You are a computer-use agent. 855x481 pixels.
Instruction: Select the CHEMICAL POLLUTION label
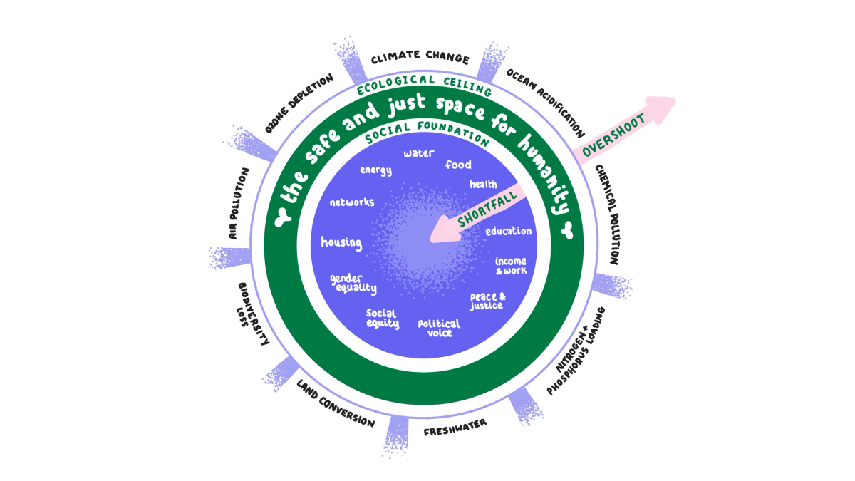click(x=609, y=214)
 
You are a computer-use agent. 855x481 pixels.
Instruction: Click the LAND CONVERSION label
click(x=335, y=403)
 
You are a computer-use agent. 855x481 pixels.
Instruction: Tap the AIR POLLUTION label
click(x=237, y=203)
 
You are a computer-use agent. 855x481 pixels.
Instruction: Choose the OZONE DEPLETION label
click(x=299, y=104)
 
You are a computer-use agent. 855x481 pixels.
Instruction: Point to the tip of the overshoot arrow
click(x=673, y=100)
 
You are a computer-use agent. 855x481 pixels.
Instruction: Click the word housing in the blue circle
click(x=341, y=242)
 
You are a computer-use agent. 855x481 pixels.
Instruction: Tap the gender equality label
click(x=353, y=283)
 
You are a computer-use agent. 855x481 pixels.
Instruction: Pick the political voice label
click(x=439, y=328)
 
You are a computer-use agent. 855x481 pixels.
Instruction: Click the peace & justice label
click(x=487, y=301)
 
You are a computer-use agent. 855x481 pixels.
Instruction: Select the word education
click(x=508, y=232)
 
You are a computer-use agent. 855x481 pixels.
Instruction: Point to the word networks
click(x=351, y=202)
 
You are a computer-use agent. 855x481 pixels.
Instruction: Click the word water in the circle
click(x=419, y=153)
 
